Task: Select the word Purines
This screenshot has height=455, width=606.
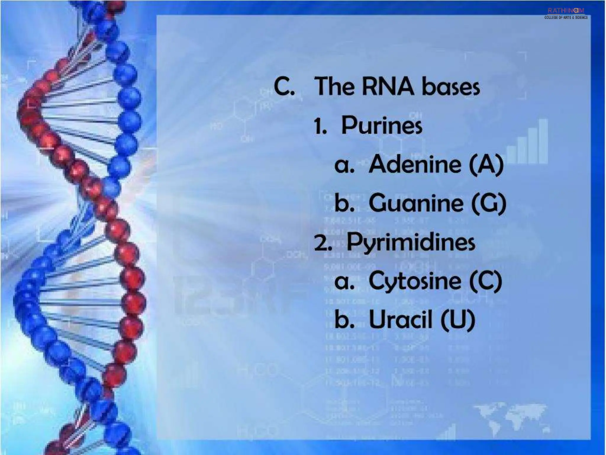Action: pyautogui.click(x=382, y=125)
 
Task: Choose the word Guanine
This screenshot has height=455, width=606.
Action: pyautogui.click(x=416, y=203)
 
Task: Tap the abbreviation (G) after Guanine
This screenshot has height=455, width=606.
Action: pyautogui.click(x=489, y=203)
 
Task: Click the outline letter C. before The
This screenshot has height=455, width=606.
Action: pyautogui.click(x=284, y=86)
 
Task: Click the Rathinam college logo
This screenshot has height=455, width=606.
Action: pyautogui.click(x=566, y=13)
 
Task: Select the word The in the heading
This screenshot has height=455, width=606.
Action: pyautogui.click(x=334, y=86)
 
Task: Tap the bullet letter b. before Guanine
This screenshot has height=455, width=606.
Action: pyautogui.click(x=344, y=203)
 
